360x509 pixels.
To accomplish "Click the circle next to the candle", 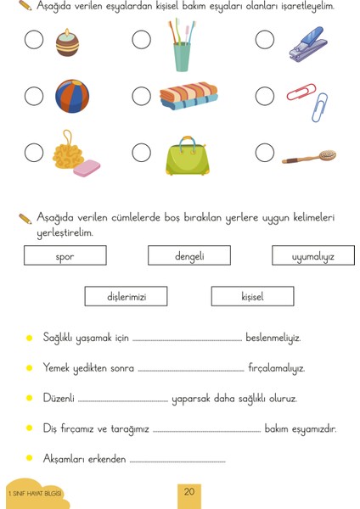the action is [34, 40].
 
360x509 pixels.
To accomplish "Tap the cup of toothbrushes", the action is [181, 47].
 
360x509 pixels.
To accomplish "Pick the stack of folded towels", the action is [188, 96].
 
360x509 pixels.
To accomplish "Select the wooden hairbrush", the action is [310, 157].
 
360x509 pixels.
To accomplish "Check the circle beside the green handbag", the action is [142, 153].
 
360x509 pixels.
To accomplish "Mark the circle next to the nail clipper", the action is [264, 40].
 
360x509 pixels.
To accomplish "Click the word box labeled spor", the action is [65, 255].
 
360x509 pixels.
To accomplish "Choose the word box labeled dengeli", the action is [189, 255].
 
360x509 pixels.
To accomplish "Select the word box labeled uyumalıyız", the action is [312, 255].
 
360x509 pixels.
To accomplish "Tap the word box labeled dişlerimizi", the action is [127, 296].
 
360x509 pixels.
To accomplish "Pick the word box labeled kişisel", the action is [252, 296].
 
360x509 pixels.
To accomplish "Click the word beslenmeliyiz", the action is [273, 338].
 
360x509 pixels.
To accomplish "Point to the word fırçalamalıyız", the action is [276, 368].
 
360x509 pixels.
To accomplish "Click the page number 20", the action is [189, 492].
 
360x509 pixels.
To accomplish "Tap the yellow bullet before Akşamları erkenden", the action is [30, 459].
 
